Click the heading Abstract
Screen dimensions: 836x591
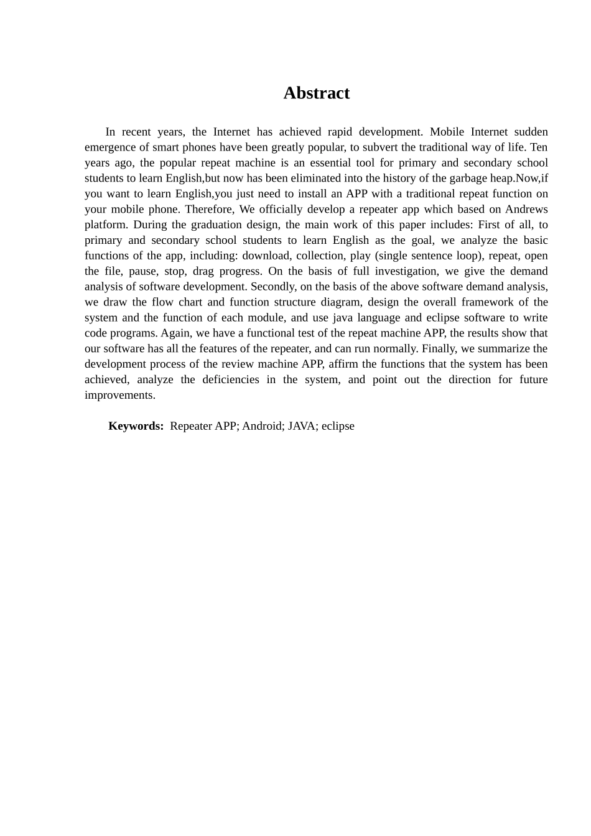(316, 93)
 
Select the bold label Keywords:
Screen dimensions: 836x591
(136, 426)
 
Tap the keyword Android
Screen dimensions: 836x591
(261, 426)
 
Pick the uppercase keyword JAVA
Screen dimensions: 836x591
(302, 426)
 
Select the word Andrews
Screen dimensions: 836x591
(526, 210)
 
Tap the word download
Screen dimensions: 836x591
(266, 256)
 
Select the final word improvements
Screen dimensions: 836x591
(119, 395)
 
